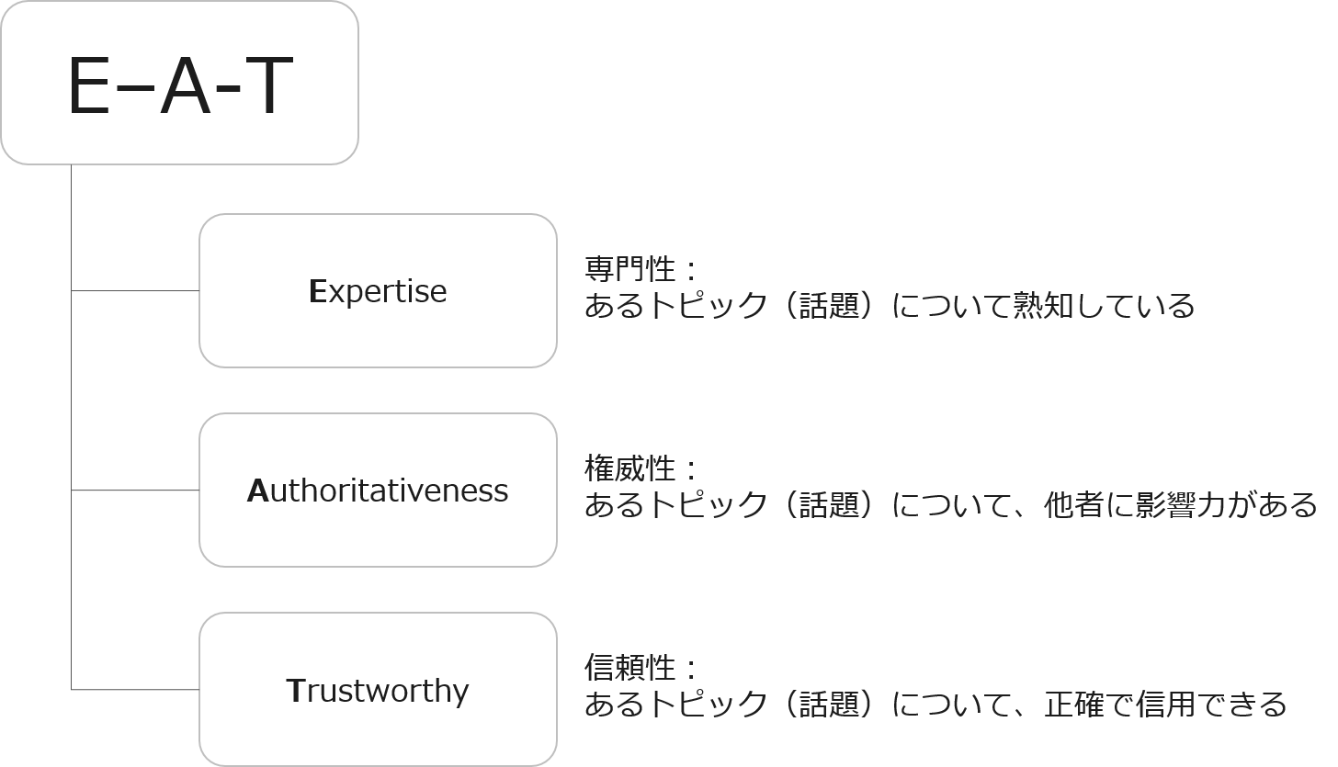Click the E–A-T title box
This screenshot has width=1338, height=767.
pos(179,83)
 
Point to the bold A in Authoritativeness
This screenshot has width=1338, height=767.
pos(256,491)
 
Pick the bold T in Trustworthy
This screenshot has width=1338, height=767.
pos(295,691)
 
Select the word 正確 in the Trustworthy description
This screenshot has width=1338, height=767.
pos(1079,705)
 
